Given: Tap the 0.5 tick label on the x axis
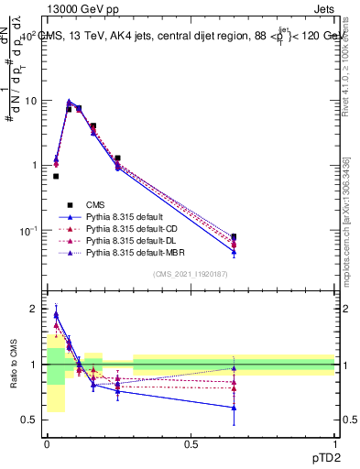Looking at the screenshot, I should pyautogui.click(x=191, y=443).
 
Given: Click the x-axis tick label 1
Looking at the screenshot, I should pyautogui.click(x=334, y=443).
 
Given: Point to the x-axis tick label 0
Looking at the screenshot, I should pyautogui.click(x=47, y=443).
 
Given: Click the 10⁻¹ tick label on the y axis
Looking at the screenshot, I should pyautogui.click(x=29, y=229).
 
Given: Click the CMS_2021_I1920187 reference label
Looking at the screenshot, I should pyautogui.click(x=191, y=276).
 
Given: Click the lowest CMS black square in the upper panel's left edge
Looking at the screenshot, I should pyautogui.click(x=56, y=176).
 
